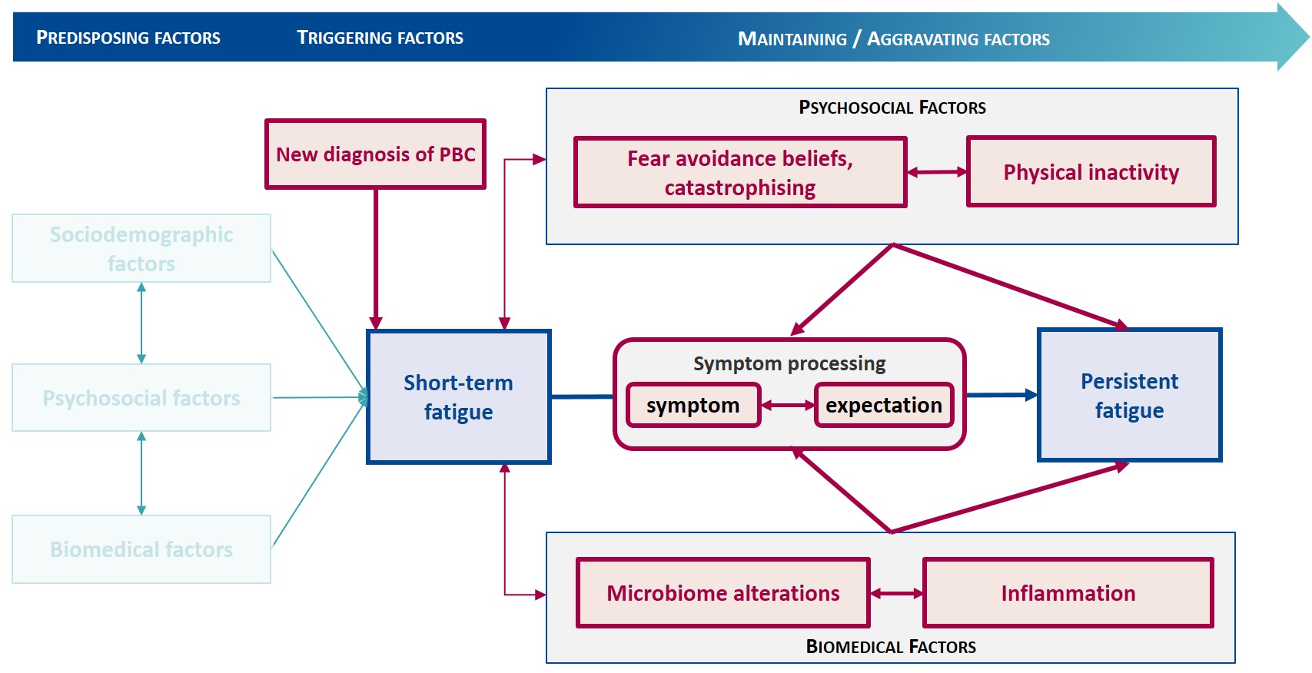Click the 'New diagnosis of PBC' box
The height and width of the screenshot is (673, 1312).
pos(375,154)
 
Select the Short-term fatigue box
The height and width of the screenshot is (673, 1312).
pos(459,396)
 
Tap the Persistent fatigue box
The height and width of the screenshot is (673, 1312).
pos(1129,395)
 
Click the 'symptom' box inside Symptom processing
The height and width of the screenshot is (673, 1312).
pos(693,405)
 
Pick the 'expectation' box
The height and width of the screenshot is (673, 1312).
pos(884,405)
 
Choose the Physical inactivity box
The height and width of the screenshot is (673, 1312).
pos(1091,171)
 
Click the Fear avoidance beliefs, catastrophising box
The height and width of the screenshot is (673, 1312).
pos(740,172)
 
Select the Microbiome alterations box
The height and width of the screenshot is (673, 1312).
pos(723,593)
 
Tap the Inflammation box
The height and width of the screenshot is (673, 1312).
pos(1068,593)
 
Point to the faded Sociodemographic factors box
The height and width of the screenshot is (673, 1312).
pos(141,248)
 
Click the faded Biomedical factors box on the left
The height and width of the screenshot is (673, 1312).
pos(141,549)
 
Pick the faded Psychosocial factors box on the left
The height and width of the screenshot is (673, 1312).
pos(141,397)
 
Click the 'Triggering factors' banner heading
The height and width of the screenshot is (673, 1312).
pos(380,38)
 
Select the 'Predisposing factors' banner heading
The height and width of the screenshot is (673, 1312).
pos(128,38)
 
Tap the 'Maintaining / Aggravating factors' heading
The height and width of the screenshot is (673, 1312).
pos(894,38)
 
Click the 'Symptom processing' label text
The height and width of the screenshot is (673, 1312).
pos(789,363)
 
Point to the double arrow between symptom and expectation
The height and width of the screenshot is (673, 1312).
pos(788,405)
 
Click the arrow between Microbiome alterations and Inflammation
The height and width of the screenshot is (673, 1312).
pos(897,593)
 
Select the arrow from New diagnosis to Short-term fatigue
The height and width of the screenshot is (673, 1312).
pos(375,259)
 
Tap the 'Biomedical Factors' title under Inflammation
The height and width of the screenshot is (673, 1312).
pos(891,646)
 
